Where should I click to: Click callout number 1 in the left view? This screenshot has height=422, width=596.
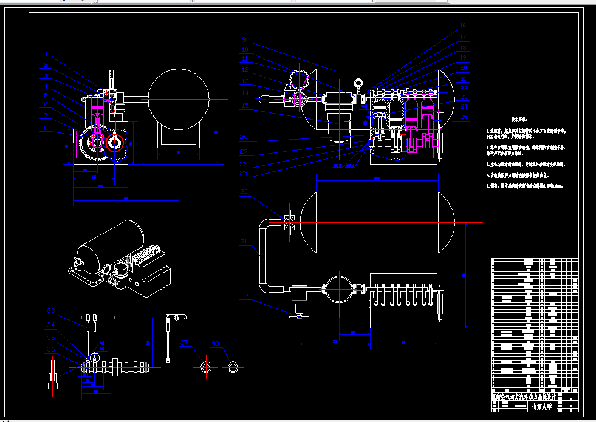tap(46, 56)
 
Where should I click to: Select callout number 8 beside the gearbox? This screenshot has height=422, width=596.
tap(46, 128)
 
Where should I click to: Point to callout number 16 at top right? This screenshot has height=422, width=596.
tap(463, 26)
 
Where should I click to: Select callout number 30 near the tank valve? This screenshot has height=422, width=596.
tap(244, 192)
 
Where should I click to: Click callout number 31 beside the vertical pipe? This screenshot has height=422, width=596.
tap(244, 242)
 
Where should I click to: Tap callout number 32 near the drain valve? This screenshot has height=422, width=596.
tap(244, 296)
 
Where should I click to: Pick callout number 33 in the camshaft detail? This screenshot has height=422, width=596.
tap(51, 311)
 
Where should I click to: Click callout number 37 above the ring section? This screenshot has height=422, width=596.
tap(185, 343)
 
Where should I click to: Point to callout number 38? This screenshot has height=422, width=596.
tap(214, 343)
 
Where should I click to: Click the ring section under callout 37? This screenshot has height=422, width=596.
tap(207, 367)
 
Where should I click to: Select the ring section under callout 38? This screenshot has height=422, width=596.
tap(233, 367)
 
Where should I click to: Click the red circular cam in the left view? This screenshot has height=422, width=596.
tap(115, 145)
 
